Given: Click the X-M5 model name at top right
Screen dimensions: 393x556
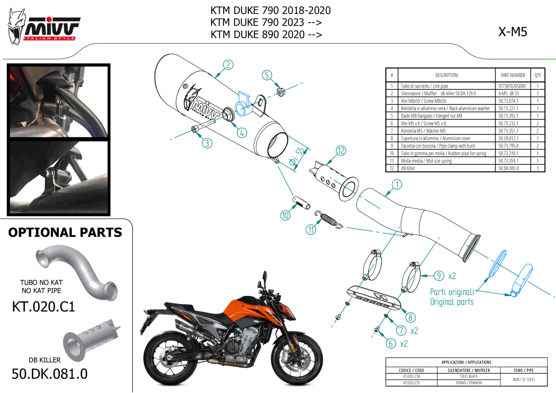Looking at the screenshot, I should [x=512, y=32].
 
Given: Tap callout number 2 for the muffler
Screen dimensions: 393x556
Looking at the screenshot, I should [x=228, y=65].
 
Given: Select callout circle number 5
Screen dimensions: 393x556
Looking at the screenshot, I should [x=267, y=75].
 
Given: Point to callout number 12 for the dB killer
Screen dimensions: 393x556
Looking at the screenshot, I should [x=341, y=151].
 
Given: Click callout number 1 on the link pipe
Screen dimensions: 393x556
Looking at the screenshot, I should [x=397, y=184].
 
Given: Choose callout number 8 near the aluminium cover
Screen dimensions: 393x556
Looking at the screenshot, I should [x=410, y=317].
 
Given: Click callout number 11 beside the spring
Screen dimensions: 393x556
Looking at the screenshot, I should [x=311, y=230].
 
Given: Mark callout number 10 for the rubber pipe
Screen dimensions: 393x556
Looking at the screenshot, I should [x=285, y=215].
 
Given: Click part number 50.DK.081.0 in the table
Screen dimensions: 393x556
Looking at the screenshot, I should [x=508, y=168].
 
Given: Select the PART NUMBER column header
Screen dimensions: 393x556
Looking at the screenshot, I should [x=513, y=75].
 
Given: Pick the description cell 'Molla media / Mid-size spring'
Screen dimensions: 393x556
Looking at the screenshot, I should [x=426, y=161].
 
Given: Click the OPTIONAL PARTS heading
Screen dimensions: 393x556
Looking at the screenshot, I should [x=65, y=232].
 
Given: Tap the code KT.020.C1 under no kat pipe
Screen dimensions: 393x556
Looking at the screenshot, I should [x=43, y=307].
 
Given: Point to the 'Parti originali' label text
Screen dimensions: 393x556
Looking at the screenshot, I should [x=452, y=292].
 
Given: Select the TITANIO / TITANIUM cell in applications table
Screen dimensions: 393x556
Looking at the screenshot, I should [x=469, y=383].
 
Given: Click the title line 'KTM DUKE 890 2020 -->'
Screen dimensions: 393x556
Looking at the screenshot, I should [x=266, y=34].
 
